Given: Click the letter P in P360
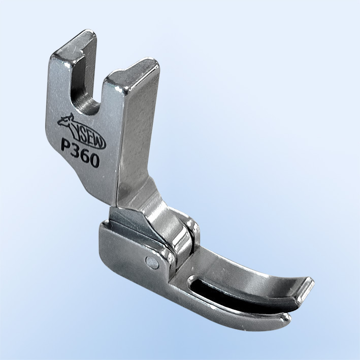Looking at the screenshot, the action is tap(67, 147).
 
